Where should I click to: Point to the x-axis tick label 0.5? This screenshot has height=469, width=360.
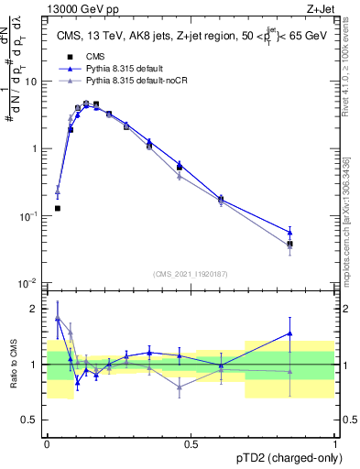(191, 443)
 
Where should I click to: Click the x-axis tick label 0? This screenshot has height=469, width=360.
(47, 443)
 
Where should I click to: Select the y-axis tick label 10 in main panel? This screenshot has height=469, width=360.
(30, 81)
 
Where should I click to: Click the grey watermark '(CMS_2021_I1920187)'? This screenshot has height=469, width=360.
(191, 273)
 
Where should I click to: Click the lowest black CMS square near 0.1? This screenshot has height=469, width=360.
(58, 209)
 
